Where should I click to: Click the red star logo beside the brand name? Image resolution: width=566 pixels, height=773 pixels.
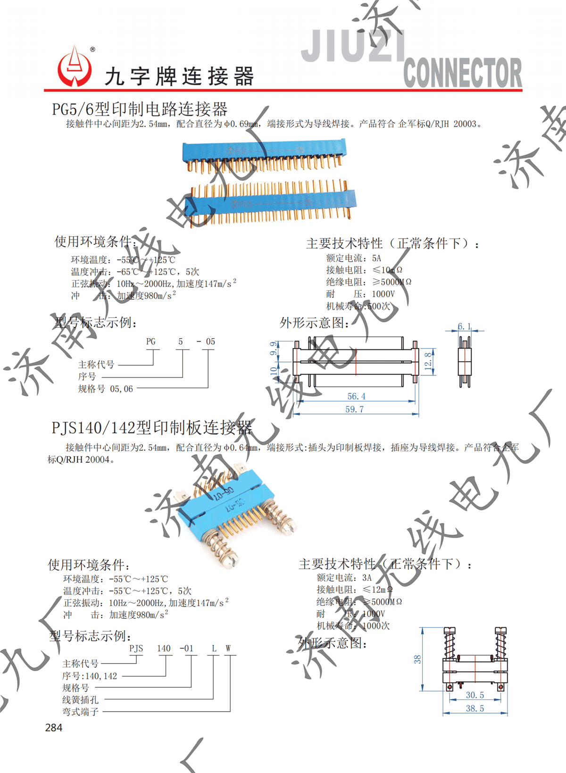point(75,67)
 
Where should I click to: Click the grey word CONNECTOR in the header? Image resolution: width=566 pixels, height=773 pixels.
point(462,73)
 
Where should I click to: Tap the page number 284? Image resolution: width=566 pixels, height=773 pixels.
point(53,727)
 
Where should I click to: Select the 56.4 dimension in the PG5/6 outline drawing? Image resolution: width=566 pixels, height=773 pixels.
point(356,396)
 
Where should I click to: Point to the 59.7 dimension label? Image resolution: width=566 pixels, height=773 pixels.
point(354,409)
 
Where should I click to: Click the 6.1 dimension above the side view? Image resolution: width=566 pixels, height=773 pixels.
point(464,326)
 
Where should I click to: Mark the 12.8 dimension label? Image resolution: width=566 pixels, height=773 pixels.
point(428,361)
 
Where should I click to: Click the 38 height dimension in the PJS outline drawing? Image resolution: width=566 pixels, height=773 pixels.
point(417,659)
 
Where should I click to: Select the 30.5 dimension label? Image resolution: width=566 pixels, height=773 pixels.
point(474,695)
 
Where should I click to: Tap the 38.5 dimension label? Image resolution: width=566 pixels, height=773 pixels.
point(474,708)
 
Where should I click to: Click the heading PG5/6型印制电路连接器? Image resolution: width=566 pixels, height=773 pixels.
point(140,109)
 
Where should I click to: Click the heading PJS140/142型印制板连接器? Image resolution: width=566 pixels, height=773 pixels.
point(151,428)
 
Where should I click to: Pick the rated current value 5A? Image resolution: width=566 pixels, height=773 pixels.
point(376,258)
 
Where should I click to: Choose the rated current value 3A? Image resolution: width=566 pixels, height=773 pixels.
point(366,577)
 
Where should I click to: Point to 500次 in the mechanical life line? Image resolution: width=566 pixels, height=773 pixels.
point(379,306)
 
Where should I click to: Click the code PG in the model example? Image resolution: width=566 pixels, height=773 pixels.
point(150,341)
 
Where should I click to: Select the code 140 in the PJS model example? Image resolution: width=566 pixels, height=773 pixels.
point(164,648)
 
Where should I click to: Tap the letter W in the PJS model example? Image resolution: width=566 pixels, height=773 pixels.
point(228,648)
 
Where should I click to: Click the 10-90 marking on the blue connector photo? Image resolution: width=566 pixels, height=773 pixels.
point(223,494)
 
